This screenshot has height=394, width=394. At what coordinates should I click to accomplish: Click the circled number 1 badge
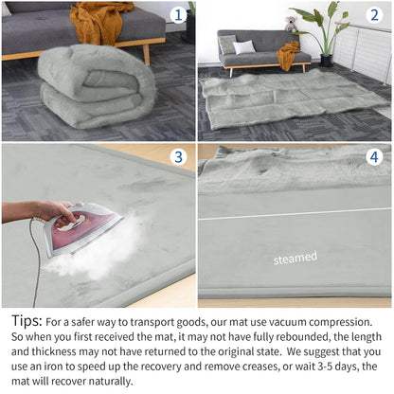coord(178,15)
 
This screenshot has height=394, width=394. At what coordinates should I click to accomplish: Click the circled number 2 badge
coord(374,15)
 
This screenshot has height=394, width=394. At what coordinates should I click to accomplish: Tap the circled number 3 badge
coord(178,157)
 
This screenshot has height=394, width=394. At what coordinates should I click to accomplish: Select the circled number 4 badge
coord(374,157)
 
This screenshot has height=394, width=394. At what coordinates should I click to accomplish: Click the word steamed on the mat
coord(295,258)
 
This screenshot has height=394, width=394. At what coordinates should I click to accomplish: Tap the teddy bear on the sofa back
coord(291,25)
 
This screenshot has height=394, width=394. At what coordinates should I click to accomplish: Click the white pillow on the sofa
coord(244,47)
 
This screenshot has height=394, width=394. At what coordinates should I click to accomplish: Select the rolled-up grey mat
coord(97,87)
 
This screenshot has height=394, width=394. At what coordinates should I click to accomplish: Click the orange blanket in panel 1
coord(99,22)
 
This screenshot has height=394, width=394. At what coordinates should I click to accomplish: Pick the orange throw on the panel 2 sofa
coord(288,55)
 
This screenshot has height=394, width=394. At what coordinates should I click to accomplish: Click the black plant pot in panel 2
coord(327,61)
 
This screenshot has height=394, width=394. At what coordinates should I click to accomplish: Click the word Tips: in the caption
coord(27,321)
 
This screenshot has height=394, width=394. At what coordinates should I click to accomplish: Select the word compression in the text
coord(341,322)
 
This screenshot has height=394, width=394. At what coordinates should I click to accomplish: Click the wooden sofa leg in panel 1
coord(147,54)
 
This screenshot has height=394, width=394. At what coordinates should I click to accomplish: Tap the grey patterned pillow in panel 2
coord(227,45)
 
